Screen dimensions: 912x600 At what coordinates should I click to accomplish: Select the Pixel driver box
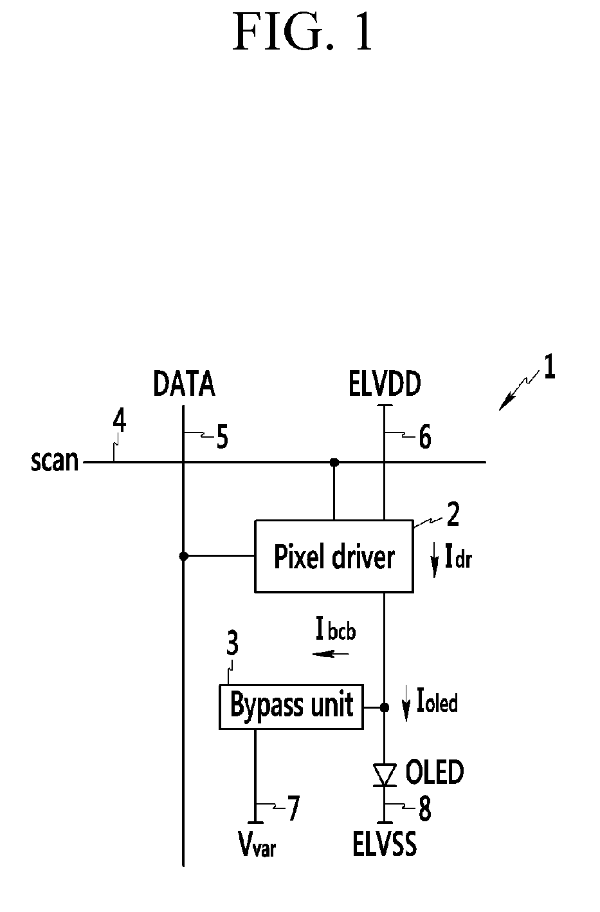click(334, 556)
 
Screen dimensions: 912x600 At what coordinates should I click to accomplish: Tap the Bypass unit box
click(291, 707)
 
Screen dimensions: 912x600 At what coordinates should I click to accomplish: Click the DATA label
click(184, 385)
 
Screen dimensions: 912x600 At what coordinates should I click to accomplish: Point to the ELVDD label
click(385, 385)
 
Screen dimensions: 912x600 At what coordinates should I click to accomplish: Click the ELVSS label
click(385, 844)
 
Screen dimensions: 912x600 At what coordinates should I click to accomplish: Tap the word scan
click(55, 461)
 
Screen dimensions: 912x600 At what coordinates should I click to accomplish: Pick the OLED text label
click(434, 772)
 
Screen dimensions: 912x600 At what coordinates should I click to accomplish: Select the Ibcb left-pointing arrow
click(331, 654)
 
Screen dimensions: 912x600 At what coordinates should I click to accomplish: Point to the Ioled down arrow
click(406, 705)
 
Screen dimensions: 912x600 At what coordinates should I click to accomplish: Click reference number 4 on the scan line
click(119, 422)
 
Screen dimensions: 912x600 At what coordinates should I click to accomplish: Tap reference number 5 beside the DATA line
click(221, 438)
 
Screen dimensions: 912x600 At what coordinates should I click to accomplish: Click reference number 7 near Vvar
click(293, 808)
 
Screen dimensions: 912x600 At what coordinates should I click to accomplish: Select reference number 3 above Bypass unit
click(233, 644)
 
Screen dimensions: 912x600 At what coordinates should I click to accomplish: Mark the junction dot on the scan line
click(334, 461)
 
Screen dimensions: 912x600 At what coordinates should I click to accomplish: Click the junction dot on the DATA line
click(184, 556)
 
